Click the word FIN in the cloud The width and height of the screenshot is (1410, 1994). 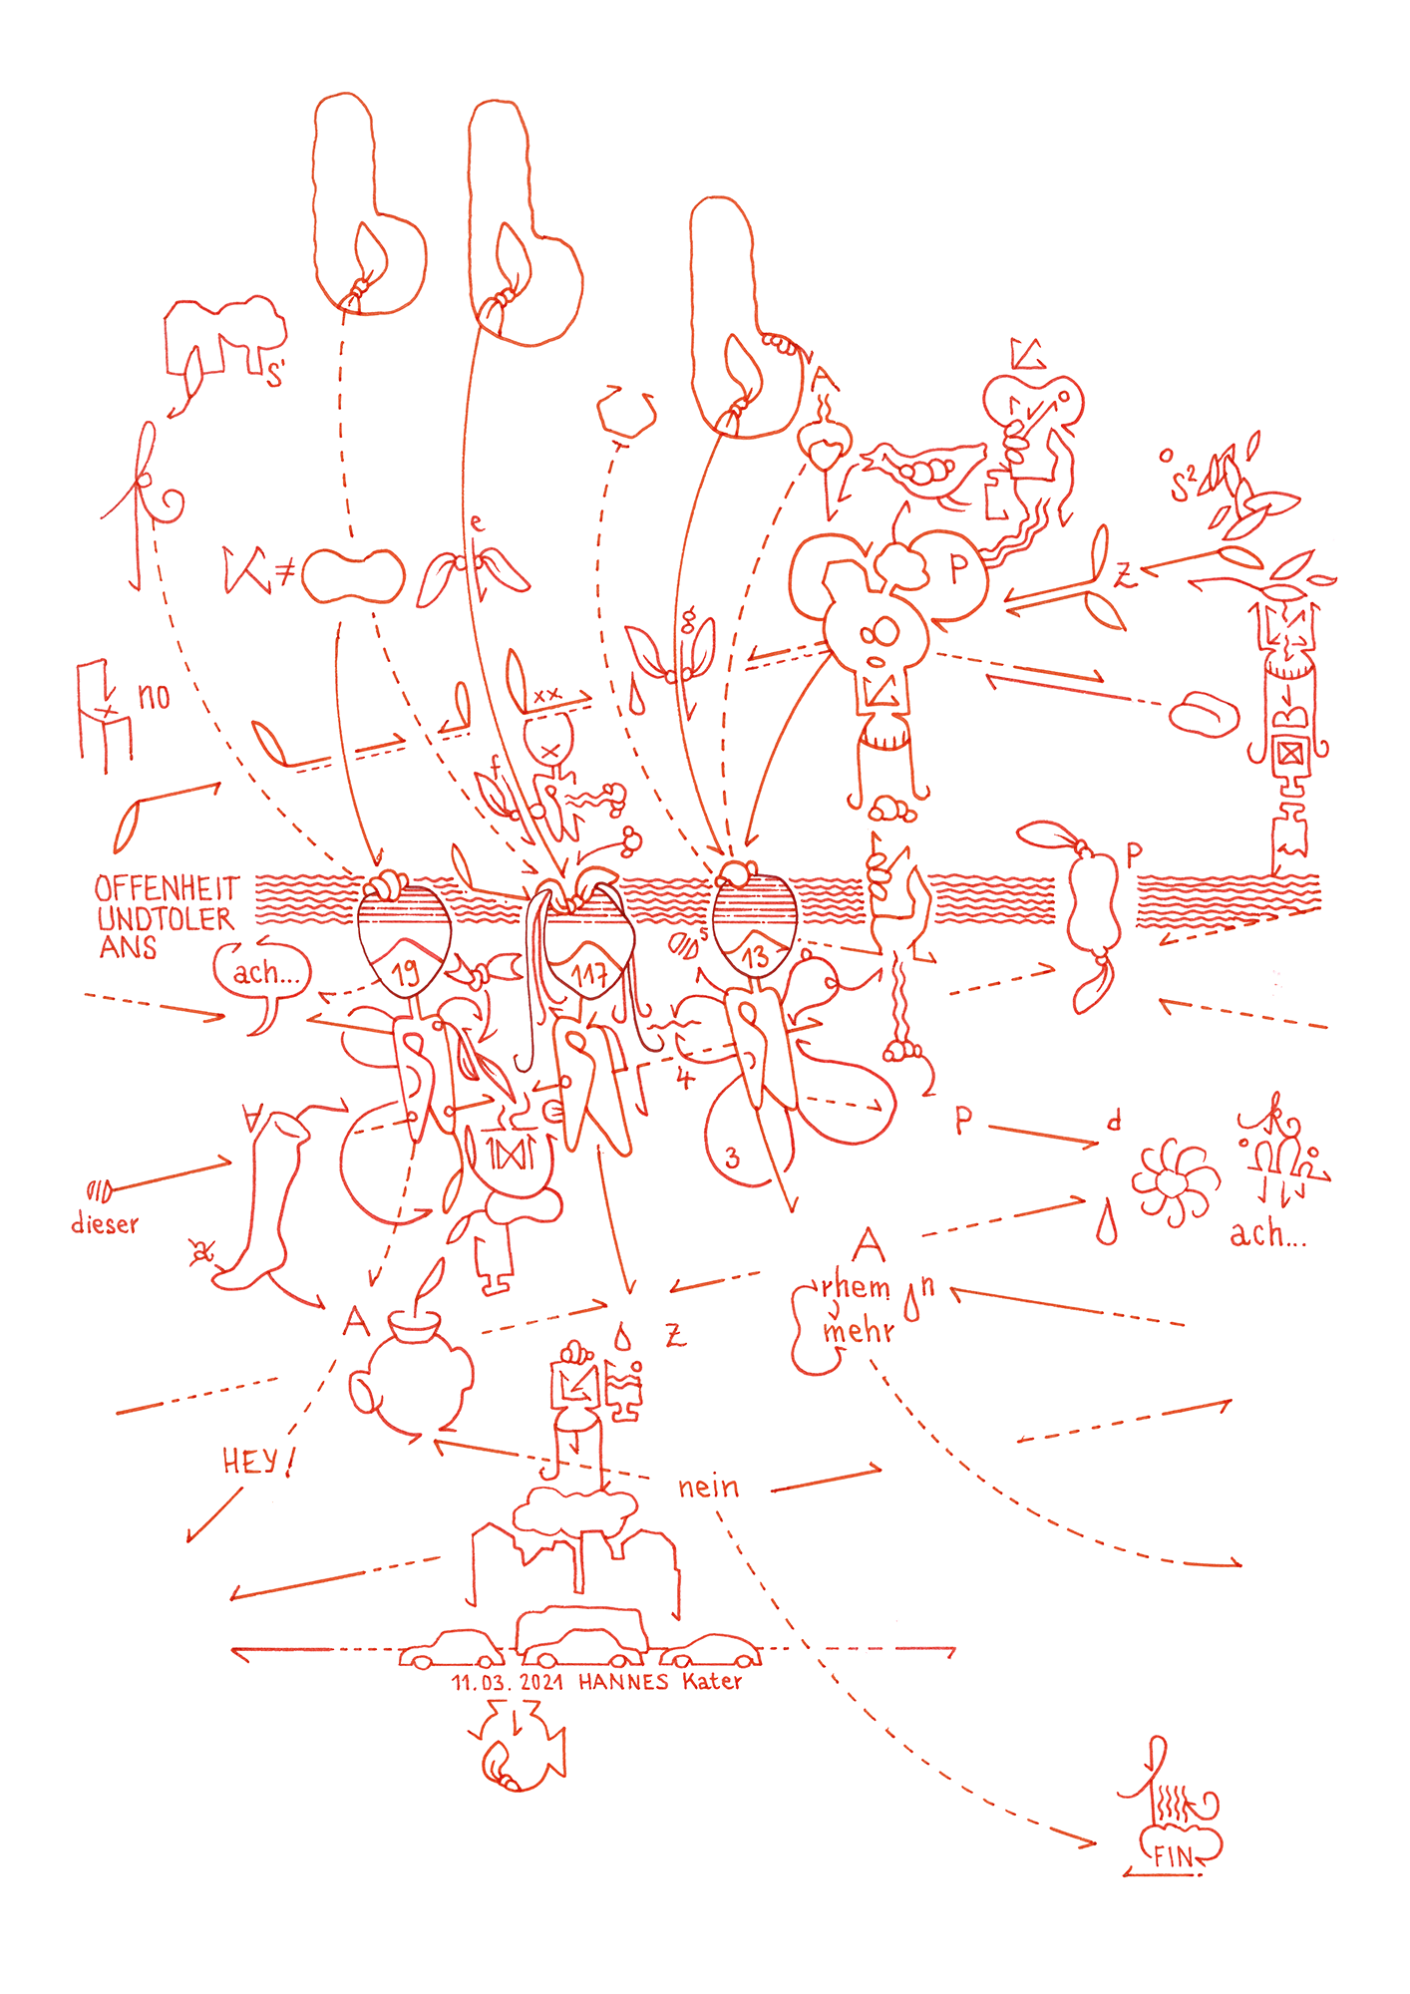click(1173, 1856)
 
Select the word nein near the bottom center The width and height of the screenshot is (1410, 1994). click(708, 1488)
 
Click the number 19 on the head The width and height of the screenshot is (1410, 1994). click(406, 973)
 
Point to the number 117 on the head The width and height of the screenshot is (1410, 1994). click(589, 975)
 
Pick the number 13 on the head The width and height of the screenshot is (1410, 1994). click(755, 957)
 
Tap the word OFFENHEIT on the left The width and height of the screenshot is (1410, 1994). click(167, 888)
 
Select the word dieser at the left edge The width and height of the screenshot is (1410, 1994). click(105, 1224)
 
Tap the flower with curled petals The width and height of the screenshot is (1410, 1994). click(1174, 1182)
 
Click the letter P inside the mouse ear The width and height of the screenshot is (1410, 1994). click(958, 569)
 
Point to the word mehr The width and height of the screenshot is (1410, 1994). click(858, 1331)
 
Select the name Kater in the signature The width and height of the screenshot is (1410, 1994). click(712, 1682)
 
